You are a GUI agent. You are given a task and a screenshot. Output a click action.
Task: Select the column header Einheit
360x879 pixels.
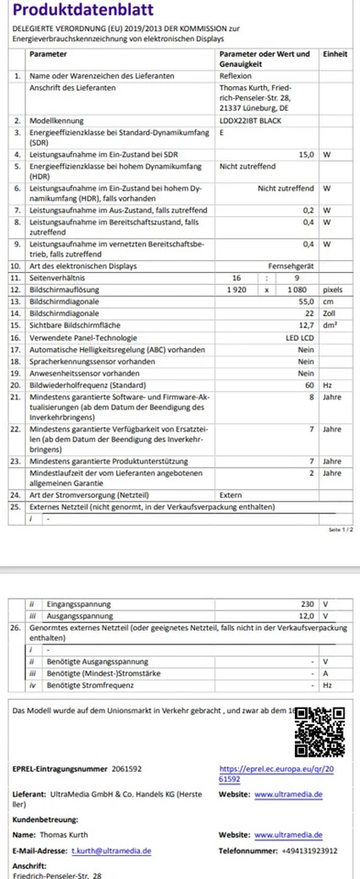[334, 55]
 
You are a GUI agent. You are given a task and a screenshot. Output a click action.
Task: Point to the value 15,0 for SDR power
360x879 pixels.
[306, 155]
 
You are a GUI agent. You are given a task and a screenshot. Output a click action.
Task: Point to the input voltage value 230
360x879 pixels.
[306, 603]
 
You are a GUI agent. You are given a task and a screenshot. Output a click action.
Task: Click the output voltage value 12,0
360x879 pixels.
[306, 615]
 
